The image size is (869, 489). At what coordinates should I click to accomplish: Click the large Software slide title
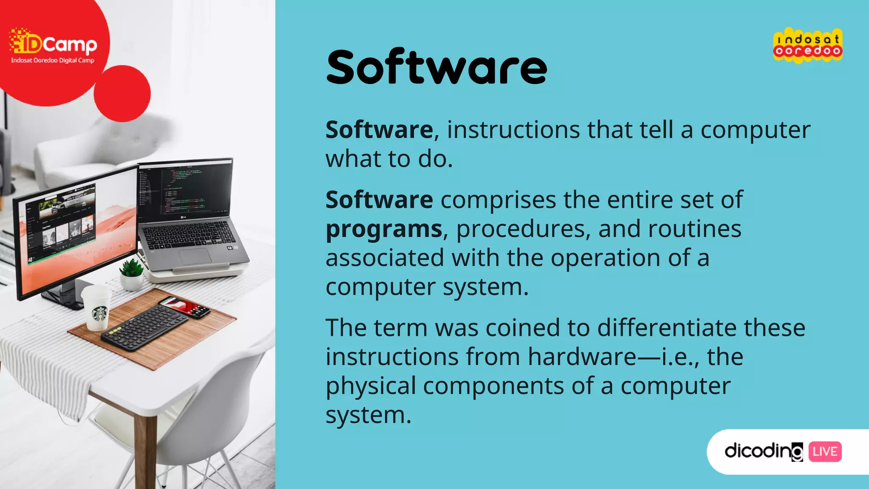[437, 68]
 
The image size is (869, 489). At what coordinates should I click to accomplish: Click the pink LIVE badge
[825, 451]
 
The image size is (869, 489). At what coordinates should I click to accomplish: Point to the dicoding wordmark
[763, 451]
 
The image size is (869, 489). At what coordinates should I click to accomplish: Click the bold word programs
[384, 229]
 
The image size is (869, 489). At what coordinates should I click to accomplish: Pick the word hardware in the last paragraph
[582, 357]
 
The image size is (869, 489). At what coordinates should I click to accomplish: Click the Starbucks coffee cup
[98, 307]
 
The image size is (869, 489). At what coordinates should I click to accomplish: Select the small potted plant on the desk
[132, 275]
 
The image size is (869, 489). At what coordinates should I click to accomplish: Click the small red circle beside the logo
[122, 94]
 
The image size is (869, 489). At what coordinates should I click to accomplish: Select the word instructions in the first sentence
[513, 130]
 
